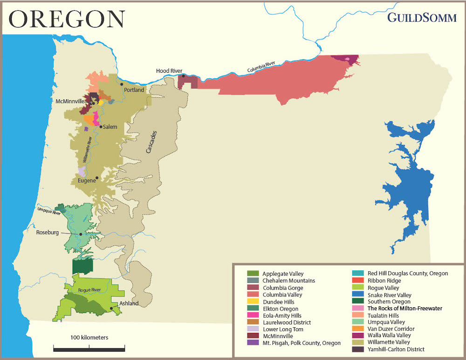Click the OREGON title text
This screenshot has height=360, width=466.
tap(67, 19)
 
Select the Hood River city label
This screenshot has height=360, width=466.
tap(169, 71)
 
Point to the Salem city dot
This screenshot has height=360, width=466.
tap(100, 126)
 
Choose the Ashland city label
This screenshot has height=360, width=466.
tap(129, 304)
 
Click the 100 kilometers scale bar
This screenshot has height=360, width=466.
tap(89, 347)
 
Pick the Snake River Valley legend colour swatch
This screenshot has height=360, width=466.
tap(358, 295)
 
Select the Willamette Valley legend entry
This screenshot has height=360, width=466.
tap(386, 342)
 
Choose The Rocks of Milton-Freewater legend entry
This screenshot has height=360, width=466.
tap(404, 308)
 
